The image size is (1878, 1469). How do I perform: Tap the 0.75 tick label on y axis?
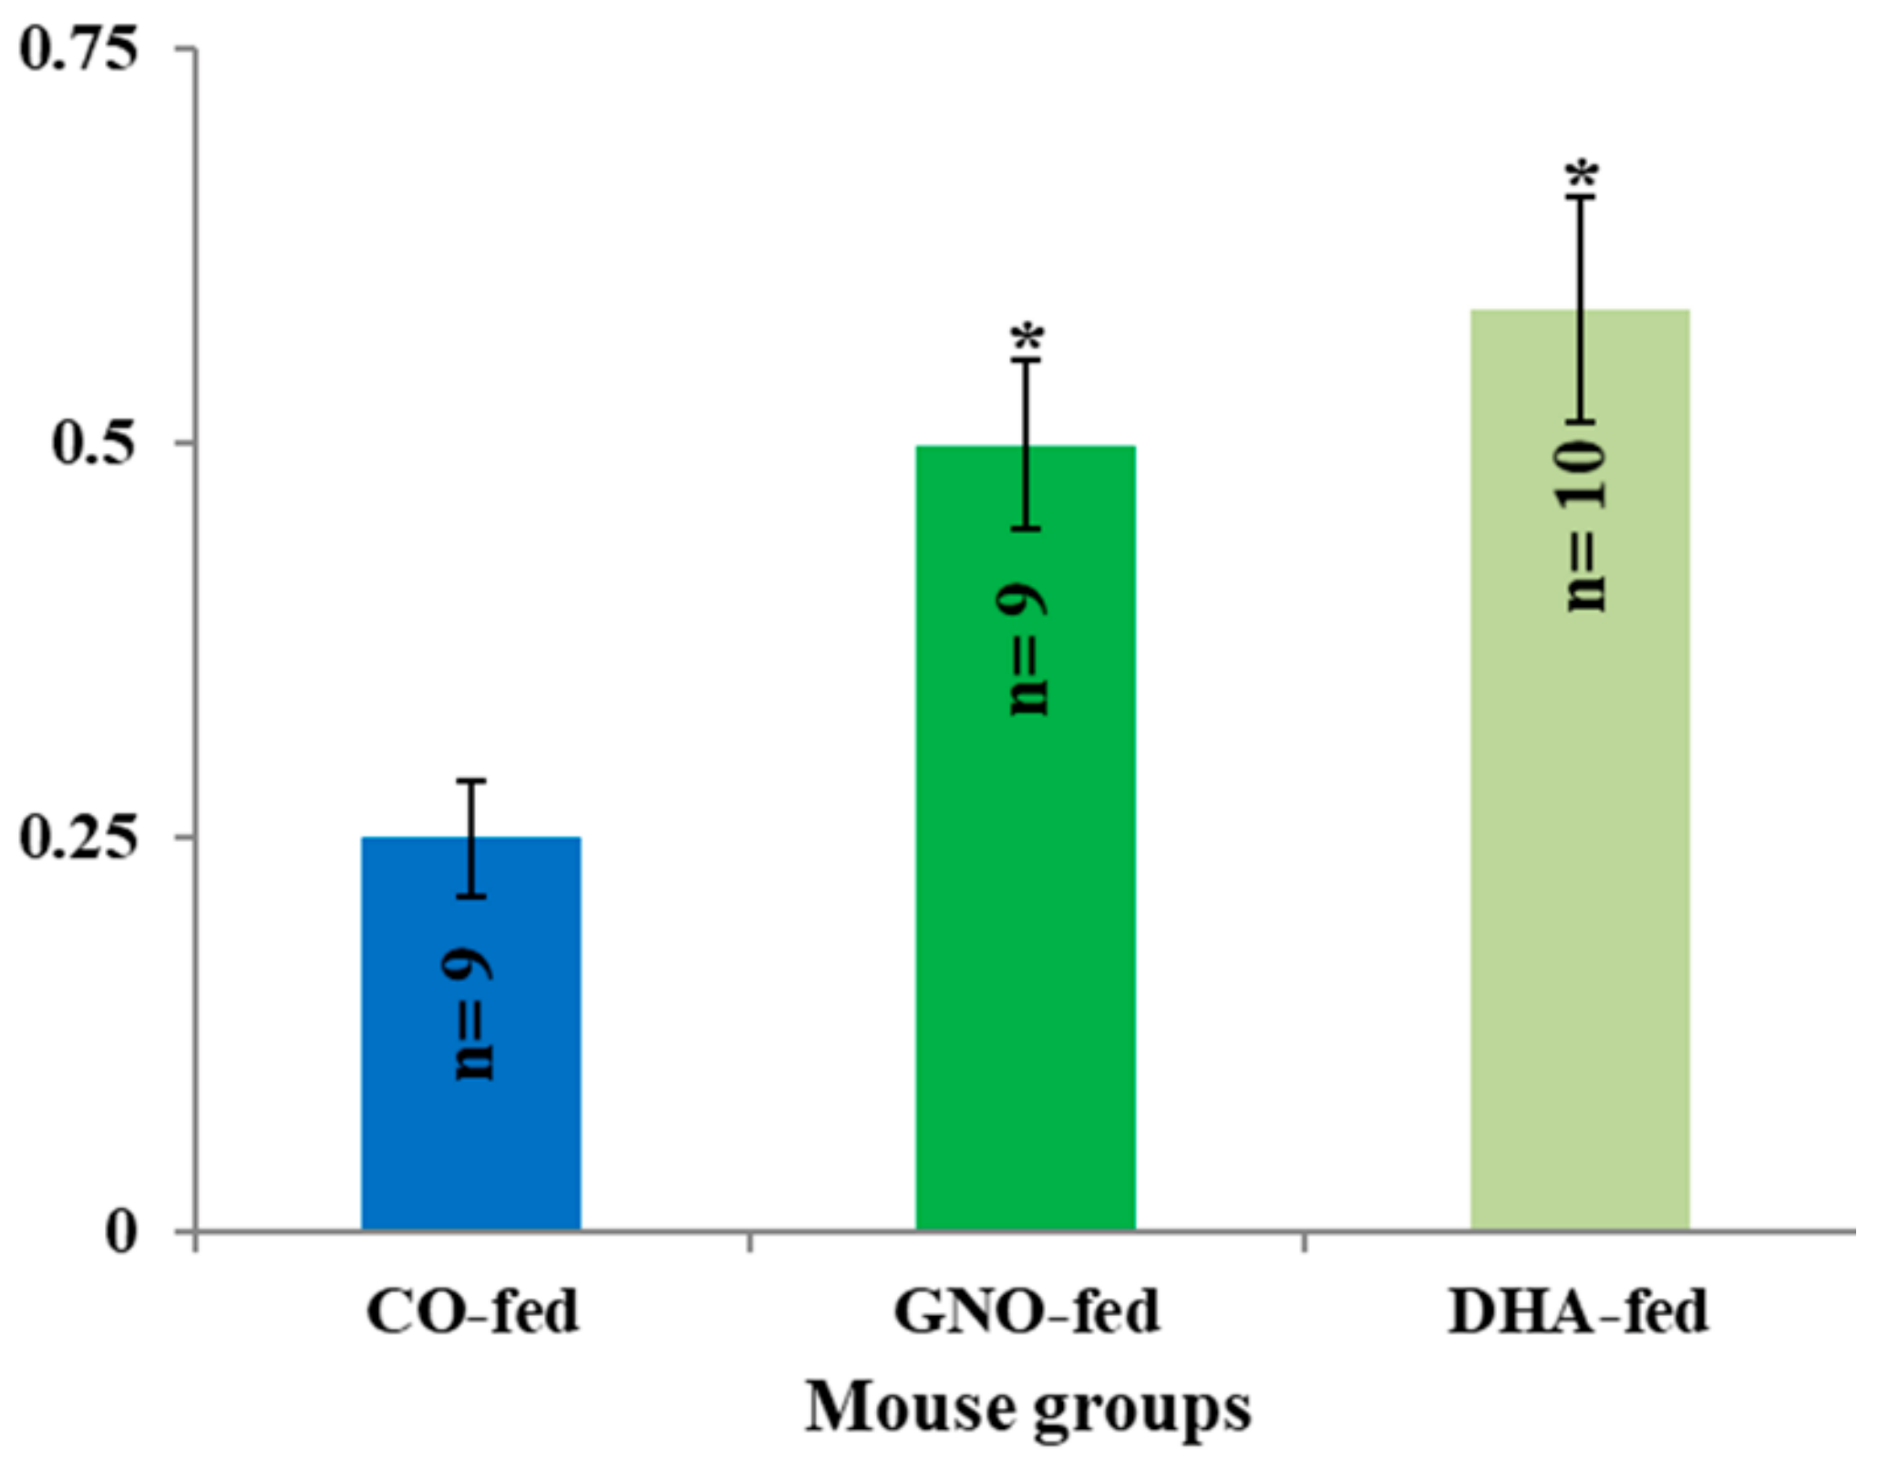[79, 49]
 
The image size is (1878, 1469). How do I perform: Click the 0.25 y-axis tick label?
[79, 837]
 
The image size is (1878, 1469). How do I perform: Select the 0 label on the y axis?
[121, 1233]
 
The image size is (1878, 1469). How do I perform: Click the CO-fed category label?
[472, 1312]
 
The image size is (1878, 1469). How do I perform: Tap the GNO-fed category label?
[1026, 1312]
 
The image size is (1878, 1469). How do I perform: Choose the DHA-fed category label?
[1579, 1312]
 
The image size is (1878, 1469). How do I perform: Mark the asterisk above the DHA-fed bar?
[1582, 174]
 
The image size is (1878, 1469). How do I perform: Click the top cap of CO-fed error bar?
[471, 781]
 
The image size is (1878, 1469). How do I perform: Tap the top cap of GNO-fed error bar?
[1026, 361]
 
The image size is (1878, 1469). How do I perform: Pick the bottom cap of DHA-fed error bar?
[1581, 423]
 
